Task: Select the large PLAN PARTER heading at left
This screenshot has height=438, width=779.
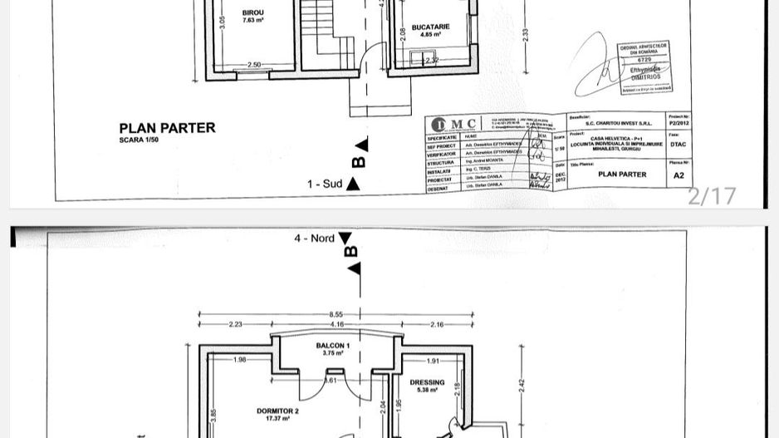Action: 167,128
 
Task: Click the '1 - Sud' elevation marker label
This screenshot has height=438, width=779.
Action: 325,184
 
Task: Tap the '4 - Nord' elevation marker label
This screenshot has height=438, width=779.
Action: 314,239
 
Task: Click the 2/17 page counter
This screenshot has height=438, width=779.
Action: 712,196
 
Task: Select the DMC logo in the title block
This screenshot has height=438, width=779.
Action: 454,124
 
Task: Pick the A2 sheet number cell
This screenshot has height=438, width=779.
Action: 679,175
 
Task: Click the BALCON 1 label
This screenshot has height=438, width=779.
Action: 333,345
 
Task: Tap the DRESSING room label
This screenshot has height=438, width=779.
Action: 428,384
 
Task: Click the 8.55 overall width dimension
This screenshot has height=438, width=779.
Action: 336,314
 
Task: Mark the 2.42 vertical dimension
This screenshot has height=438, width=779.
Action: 522,384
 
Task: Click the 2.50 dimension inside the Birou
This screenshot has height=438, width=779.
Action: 254,65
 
